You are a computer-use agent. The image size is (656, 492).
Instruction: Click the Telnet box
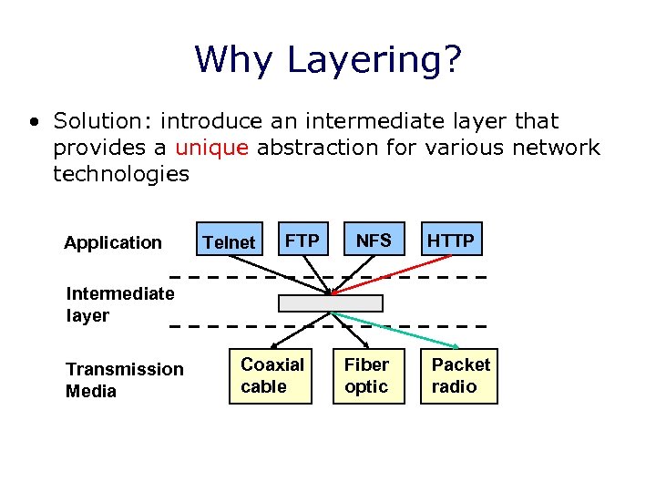coord(229,241)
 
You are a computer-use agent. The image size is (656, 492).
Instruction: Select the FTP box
coord(302,240)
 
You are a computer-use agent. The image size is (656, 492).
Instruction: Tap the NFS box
coord(374,240)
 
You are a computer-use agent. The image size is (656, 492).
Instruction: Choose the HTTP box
coord(451,240)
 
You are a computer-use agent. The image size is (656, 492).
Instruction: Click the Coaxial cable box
coord(272,375)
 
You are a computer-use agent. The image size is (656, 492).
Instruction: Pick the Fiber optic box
coord(366,375)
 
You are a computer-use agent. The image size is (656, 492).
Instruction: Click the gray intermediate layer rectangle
coord(331,303)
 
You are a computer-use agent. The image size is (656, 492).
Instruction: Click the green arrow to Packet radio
coord(396,330)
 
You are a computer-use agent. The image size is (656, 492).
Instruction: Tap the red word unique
coord(211,148)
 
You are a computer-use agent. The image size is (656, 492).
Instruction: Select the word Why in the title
coord(235,60)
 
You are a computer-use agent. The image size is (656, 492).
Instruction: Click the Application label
coord(113,242)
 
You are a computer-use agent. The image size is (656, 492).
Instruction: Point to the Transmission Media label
coord(124,380)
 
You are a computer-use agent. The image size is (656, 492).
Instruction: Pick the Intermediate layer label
coord(119,304)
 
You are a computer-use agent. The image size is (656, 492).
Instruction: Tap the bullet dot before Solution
coord(34,121)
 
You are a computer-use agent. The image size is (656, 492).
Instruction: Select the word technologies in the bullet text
coord(121,174)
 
